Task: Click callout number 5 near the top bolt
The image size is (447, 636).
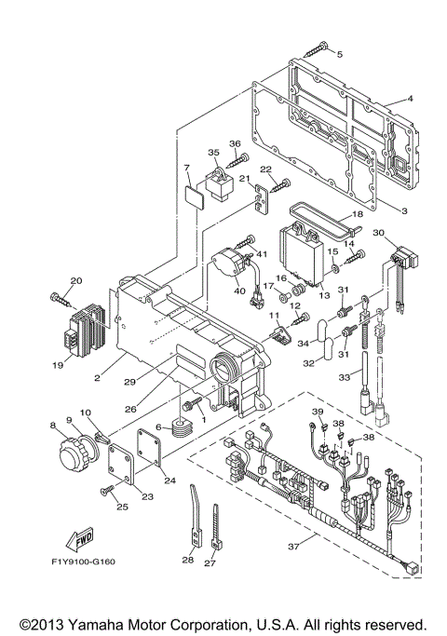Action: (339, 55)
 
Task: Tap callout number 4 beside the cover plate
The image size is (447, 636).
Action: (410, 100)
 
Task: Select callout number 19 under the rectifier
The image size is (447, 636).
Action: (58, 366)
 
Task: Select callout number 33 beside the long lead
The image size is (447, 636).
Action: (345, 377)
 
